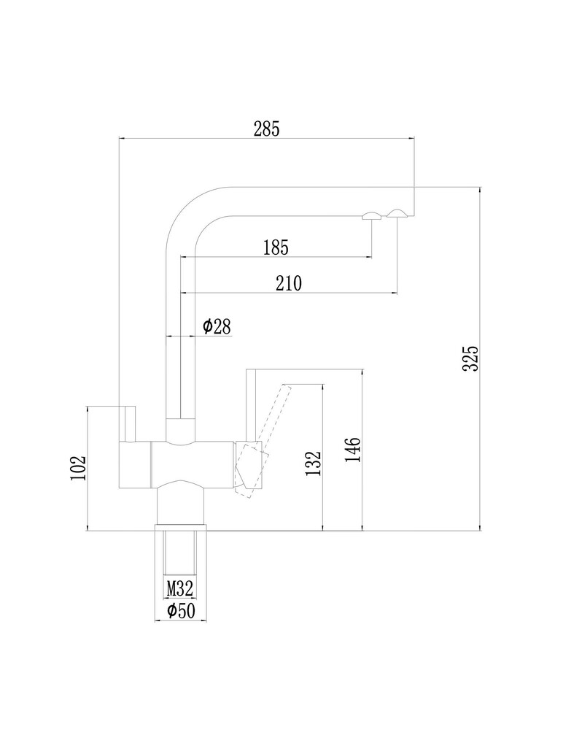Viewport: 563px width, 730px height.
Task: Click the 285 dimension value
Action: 267,128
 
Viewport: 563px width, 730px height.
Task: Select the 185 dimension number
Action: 276,247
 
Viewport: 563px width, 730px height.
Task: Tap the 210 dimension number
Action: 289,283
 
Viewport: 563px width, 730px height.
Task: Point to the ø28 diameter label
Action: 217,326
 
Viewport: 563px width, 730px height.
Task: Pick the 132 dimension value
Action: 313,463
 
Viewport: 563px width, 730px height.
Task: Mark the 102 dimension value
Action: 79,468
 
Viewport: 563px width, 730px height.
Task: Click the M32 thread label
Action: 179,589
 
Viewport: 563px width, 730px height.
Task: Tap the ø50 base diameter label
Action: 181,610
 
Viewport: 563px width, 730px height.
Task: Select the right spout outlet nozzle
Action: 397,213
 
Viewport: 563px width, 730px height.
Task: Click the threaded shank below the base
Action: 179,553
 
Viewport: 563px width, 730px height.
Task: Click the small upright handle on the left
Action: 128,423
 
